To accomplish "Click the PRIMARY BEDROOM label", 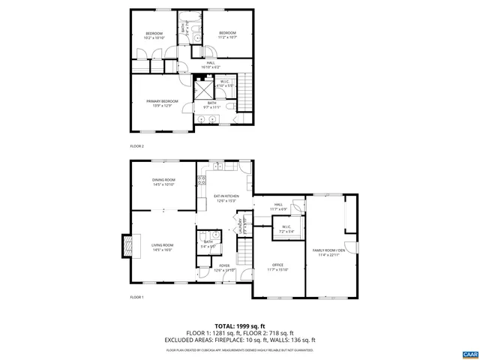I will pyautogui.click(x=163, y=103).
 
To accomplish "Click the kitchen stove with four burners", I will pyautogui.click(x=201, y=181).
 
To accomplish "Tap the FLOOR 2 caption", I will pyautogui.click(x=136, y=146).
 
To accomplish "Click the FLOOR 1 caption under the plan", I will pyautogui.click(x=136, y=298).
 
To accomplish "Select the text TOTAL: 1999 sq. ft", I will pyautogui.click(x=240, y=326).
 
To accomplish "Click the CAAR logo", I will pyautogui.click(x=469, y=353).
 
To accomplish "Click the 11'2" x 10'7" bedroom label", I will pyautogui.click(x=227, y=34).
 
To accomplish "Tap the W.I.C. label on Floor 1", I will pyautogui.click(x=286, y=229).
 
